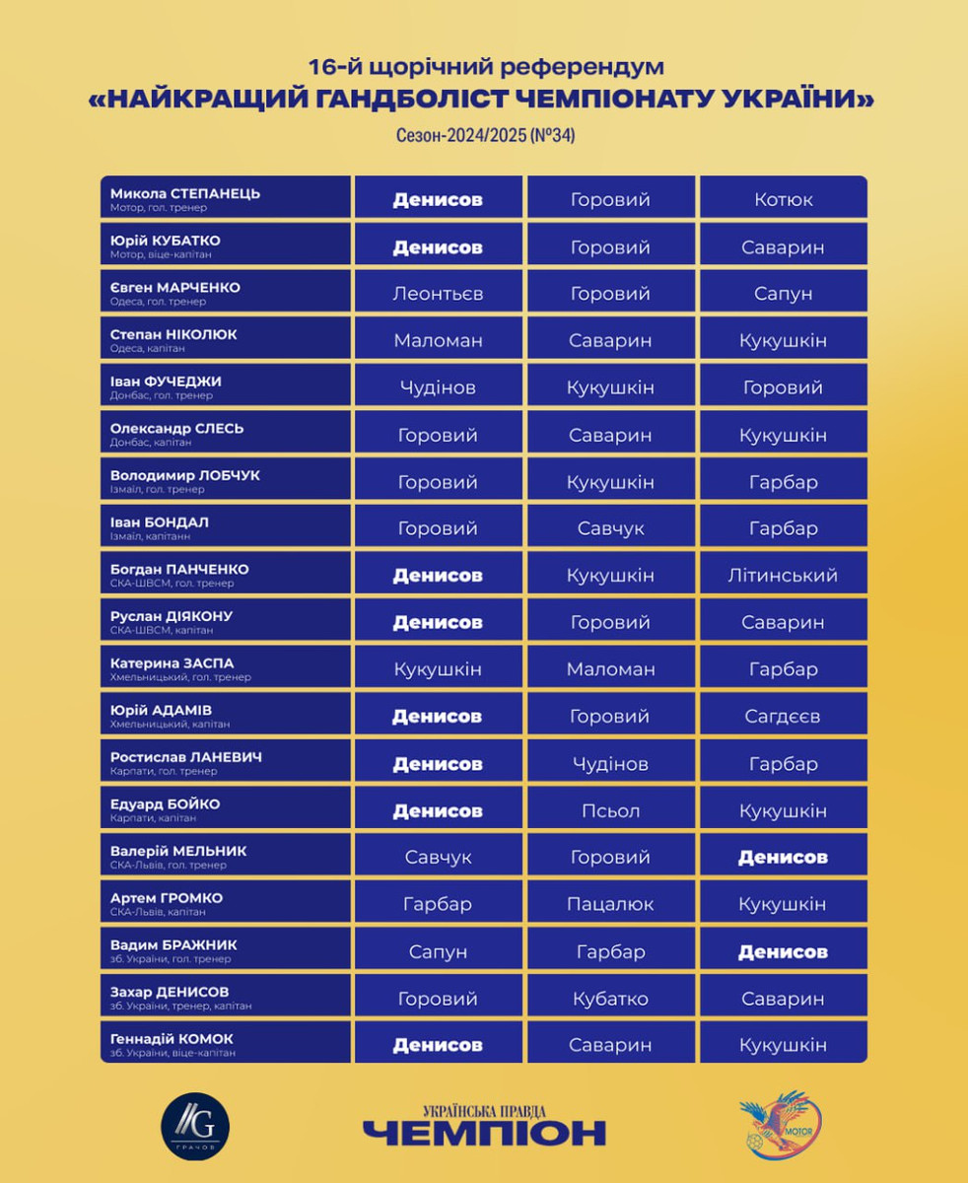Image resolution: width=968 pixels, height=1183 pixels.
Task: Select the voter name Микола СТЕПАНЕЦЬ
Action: pos(185,193)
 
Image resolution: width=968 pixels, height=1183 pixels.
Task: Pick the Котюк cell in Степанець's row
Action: pos(784,199)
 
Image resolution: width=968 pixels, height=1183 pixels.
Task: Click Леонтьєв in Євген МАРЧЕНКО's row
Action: pos(438,294)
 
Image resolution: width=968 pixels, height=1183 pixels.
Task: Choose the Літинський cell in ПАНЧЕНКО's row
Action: pos(784,576)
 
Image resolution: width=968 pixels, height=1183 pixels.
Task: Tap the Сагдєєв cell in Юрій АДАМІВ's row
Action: pos(784,717)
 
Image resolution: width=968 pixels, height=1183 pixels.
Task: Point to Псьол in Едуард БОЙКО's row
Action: pos(610,811)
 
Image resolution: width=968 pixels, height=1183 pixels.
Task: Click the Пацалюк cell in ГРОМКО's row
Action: pos(610,905)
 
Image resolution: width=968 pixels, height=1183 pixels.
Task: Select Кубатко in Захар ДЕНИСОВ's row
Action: pos(610,999)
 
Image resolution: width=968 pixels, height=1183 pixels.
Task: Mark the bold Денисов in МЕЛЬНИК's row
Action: pos(784,858)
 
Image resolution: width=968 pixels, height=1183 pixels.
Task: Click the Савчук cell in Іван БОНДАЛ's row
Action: pos(610,528)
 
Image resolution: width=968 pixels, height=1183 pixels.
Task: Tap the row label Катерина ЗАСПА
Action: pos(173,663)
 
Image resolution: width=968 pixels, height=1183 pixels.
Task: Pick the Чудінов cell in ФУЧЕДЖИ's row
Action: pos(438,387)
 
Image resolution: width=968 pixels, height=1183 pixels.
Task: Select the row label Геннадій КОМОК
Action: pos(173,1039)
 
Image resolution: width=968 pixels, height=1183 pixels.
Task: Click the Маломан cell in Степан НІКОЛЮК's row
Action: pos(438,340)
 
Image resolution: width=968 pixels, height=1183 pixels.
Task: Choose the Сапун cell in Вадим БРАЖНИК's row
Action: pos(438,951)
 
